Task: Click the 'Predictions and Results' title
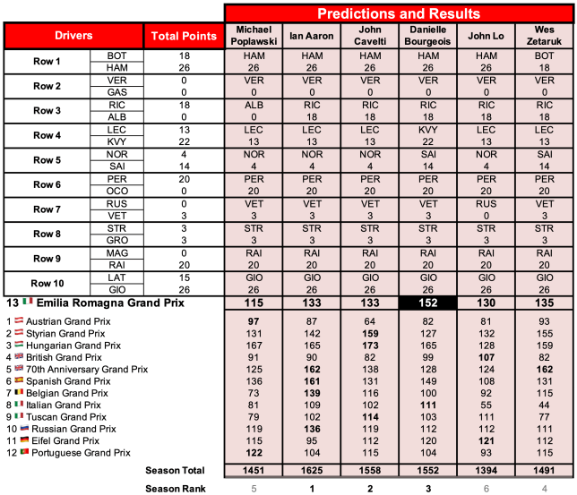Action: pos(399,13)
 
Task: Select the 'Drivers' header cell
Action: pos(73,36)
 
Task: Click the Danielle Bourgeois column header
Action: pos(427,36)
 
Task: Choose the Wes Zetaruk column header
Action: pos(544,36)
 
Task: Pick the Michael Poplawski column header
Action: pos(254,36)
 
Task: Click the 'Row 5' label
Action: pos(47,160)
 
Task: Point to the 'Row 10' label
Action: pos(47,283)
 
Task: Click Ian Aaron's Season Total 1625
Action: pos(312,470)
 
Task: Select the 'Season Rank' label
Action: pos(176,488)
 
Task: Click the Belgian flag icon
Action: pos(18,392)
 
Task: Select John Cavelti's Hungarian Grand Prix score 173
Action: pos(369,344)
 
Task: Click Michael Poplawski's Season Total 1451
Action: pos(254,470)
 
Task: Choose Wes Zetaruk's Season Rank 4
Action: pos(544,488)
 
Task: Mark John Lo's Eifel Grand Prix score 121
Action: pos(486,440)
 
